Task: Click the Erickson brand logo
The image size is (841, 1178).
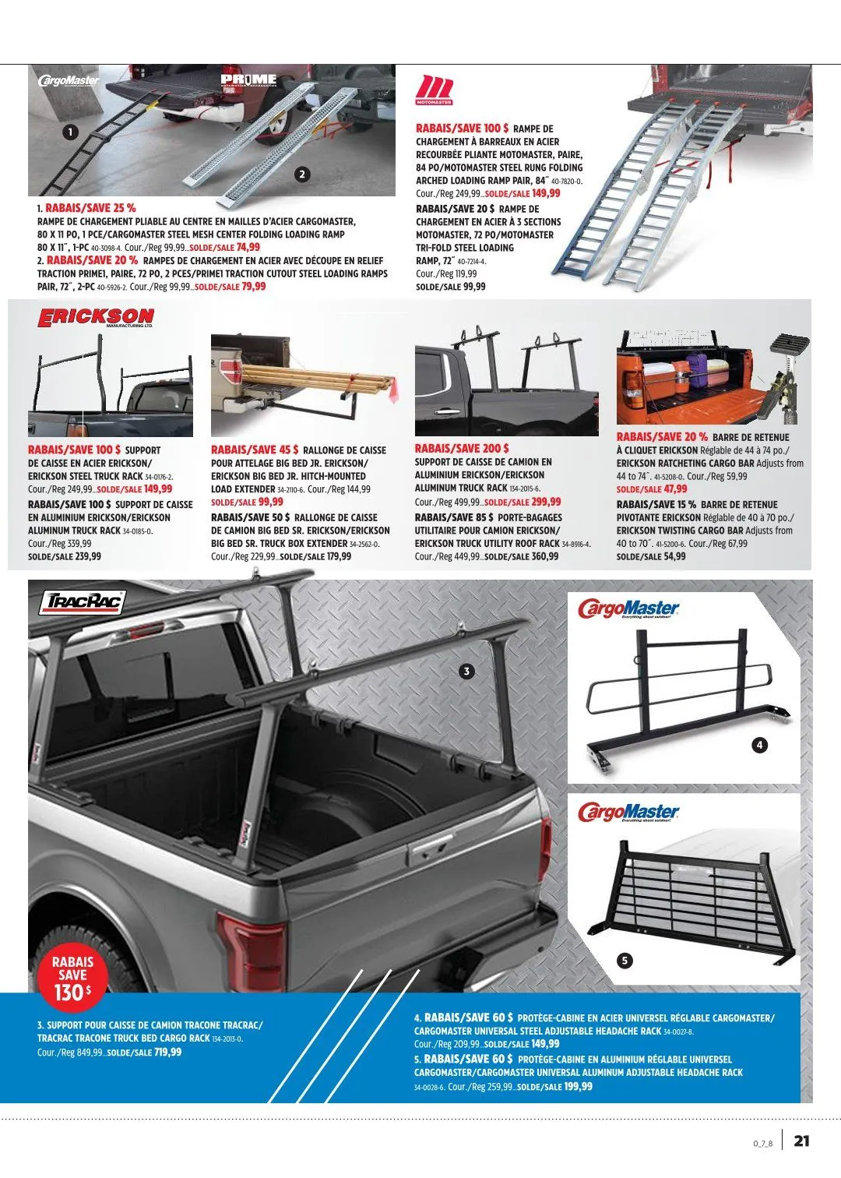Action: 96,318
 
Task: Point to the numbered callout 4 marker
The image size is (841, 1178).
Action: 760,745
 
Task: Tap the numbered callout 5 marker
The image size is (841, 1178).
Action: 625,960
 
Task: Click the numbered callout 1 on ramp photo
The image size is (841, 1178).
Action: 70,132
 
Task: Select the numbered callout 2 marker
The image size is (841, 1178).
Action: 301,175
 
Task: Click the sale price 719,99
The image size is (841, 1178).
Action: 167,1052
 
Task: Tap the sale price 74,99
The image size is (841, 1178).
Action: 248,247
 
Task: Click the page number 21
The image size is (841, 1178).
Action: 801,1141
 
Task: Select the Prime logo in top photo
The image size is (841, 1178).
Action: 248,79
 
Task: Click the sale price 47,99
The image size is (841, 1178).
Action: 675,489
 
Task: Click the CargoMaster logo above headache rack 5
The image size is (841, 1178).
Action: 628,813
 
